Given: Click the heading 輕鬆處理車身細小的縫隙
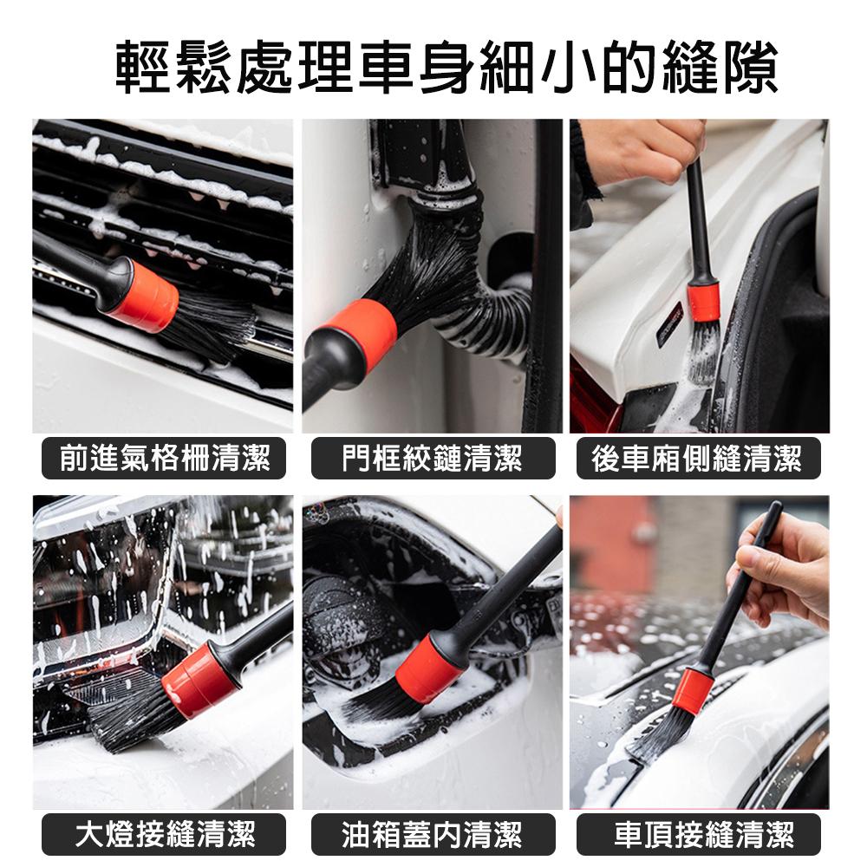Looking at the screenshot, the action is (447, 68).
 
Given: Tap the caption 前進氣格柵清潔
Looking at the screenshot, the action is (164, 459).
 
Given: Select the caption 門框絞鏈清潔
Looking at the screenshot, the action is (433, 459).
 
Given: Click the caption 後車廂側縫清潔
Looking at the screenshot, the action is (697, 459).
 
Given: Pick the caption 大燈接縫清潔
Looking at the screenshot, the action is (164, 834).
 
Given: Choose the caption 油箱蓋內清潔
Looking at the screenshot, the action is (433, 834).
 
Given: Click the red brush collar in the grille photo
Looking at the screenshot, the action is (144, 297).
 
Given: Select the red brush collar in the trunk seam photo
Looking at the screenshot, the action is (703, 302).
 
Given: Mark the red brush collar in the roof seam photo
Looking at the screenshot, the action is (692, 691).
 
